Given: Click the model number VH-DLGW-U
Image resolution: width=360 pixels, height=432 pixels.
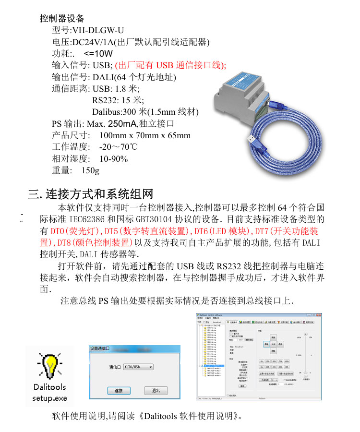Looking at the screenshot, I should coord(97,30).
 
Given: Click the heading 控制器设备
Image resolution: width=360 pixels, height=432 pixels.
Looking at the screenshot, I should coord(61,19).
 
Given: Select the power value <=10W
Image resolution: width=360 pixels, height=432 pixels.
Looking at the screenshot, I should coord(98,53).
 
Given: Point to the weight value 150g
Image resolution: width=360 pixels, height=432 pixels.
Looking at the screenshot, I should coord(90,170).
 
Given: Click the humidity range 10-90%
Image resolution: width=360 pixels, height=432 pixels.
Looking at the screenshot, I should coord(113,159).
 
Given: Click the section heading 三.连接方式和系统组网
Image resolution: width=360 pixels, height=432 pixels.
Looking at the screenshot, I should coord(91,194).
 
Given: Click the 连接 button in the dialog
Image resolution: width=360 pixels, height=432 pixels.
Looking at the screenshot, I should coord(119,391).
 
